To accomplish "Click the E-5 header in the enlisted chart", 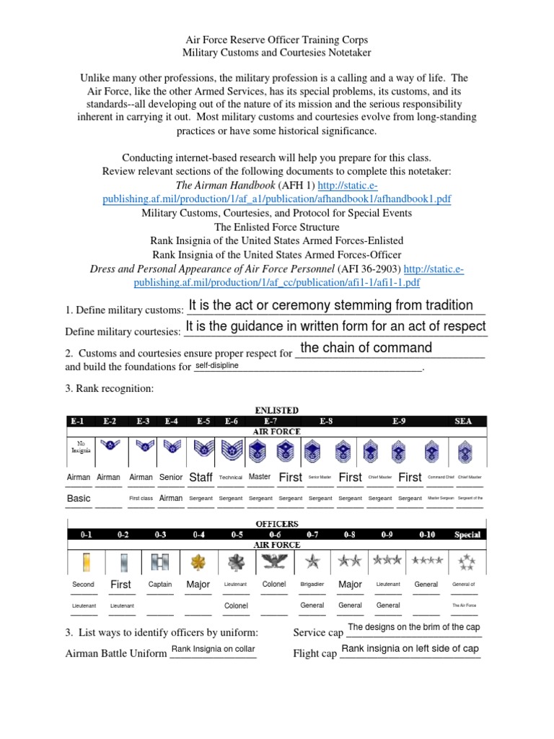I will [203, 421].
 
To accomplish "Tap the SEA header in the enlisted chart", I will [463, 421].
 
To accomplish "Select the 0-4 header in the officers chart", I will [198, 535].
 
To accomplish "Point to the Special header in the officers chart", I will [467, 535].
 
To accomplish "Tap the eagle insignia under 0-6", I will [275, 561].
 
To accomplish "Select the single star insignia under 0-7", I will [312, 561].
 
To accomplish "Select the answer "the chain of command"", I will [366, 348].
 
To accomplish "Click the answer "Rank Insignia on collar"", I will [213, 649].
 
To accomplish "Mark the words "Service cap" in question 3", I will [319, 633].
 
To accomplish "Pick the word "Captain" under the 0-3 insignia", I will [160, 585].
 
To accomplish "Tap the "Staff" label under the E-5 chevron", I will [201, 477].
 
